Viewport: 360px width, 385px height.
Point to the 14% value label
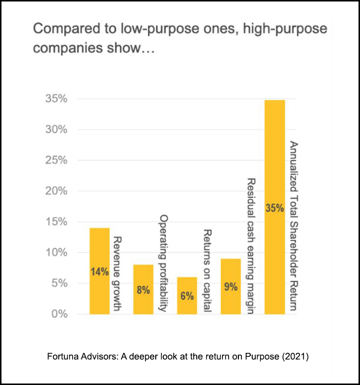click(99, 271)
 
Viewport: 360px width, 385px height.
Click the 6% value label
click(187, 296)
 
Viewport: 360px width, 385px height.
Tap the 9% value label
click(230, 287)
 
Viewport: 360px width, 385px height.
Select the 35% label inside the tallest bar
click(274, 208)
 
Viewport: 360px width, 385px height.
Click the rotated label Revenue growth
click(118, 273)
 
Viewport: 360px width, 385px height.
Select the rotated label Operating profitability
click(162, 263)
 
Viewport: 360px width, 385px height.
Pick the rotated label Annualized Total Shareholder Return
click(293, 226)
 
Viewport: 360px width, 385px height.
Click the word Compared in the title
click(60, 29)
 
